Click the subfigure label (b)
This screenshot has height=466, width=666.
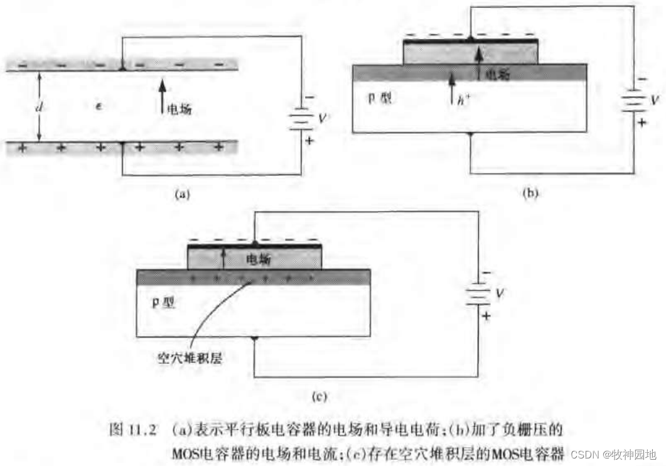(530, 194)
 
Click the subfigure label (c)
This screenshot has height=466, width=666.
(320, 396)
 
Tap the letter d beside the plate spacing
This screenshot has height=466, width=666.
(39, 107)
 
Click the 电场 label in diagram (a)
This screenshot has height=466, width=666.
(179, 109)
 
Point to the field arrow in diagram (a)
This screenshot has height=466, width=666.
(162, 94)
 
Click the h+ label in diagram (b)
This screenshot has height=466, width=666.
(463, 99)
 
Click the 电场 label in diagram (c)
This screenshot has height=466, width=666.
(259, 258)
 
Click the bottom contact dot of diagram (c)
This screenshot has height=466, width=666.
(254, 339)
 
